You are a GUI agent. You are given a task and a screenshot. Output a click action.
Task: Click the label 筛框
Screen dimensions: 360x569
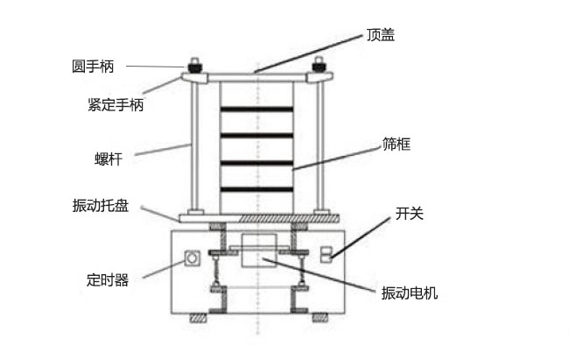(397, 142)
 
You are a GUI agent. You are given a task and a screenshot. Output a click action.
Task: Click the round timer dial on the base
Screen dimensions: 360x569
(191, 258)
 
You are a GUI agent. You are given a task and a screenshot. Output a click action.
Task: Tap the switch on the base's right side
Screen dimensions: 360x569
(326, 254)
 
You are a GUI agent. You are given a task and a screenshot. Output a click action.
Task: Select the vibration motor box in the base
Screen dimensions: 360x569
(258, 251)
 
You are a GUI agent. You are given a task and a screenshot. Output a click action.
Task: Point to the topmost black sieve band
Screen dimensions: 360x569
(256, 109)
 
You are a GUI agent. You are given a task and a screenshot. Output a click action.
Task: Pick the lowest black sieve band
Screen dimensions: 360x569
(256, 189)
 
